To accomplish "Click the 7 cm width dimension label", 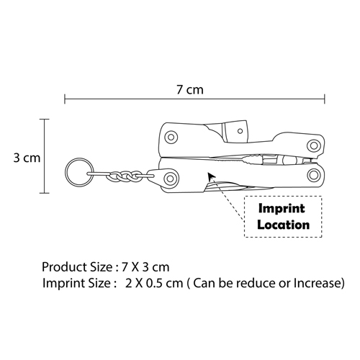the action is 190,90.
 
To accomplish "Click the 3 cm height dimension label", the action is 27,158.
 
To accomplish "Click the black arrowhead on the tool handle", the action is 211,176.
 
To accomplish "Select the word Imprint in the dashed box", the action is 282,208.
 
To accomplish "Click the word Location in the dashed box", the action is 284,225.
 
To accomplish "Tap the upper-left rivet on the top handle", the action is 171,138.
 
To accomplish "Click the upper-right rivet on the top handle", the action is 314,145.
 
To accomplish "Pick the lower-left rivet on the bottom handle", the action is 170,179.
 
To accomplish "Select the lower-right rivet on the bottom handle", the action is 313,174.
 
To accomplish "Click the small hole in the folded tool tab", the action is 240,131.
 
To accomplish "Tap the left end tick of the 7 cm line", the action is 65,99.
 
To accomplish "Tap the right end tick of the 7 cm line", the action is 325,99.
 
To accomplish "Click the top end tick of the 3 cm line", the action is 45,119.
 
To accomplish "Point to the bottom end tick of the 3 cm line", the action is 45,193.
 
